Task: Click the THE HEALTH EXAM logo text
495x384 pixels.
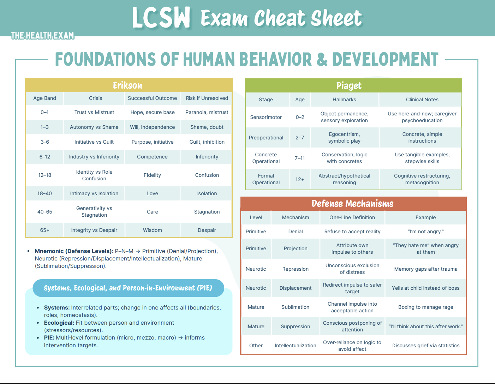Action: pos(42,36)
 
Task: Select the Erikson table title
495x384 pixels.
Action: pos(127,85)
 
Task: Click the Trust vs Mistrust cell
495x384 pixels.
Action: pos(94,112)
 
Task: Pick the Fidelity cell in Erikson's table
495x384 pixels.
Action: pos(152,175)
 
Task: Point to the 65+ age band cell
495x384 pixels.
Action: pos(44,230)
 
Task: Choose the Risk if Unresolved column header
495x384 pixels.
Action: pos(207,98)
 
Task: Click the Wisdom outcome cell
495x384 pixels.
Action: pos(152,230)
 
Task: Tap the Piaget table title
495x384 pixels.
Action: pos(349,86)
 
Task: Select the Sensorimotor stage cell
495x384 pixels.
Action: pos(266,117)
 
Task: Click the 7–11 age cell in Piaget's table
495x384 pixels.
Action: pos(300,158)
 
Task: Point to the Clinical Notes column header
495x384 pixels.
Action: pos(422,100)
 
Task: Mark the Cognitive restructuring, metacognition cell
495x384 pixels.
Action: pos(422,179)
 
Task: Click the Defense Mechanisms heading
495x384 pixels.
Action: pos(352,204)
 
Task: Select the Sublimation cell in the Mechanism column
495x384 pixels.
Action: pos(295,307)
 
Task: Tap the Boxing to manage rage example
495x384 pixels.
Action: pos(425,307)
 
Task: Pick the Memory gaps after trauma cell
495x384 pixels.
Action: pos(425,269)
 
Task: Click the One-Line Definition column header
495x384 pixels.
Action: pos(352,217)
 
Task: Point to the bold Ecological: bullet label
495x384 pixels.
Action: pos(59,323)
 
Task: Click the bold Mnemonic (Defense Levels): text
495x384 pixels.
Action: pos(74,251)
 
